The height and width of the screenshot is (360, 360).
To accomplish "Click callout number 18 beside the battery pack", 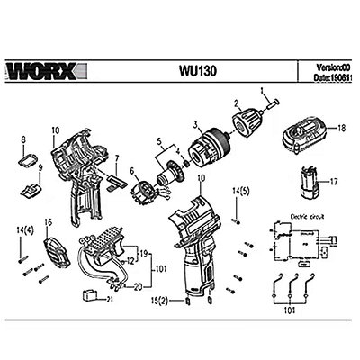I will (x=341, y=130).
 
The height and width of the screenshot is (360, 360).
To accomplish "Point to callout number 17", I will (x=333, y=182).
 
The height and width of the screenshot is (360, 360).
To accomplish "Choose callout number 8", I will (x=22, y=139).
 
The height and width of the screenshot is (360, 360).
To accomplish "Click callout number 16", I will (x=49, y=221).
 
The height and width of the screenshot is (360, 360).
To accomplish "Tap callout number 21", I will (x=109, y=299).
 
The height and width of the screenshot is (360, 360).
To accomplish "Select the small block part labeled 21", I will (x=90, y=294).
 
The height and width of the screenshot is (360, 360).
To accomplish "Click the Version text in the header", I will (x=337, y=67).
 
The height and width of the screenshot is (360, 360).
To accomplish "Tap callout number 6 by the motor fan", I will (x=131, y=171).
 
